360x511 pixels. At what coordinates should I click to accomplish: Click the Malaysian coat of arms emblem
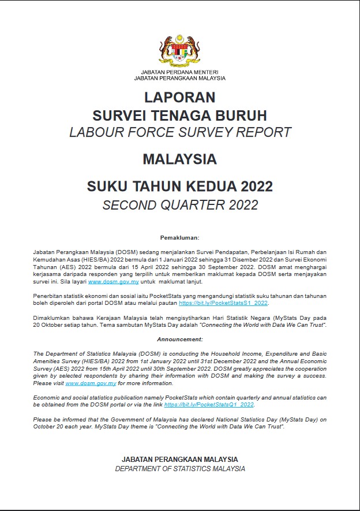click(x=179, y=50)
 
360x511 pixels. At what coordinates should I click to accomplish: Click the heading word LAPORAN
click(x=179, y=96)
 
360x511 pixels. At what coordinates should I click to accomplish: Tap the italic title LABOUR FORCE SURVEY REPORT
click(x=179, y=132)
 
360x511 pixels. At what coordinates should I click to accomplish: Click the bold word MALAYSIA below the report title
click(x=179, y=158)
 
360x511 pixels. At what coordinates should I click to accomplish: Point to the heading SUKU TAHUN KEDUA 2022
click(x=179, y=186)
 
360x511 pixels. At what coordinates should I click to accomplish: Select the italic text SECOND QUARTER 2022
click(x=179, y=204)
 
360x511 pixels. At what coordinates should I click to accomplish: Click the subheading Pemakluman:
click(x=179, y=237)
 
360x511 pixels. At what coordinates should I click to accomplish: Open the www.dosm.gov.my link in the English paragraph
click(x=91, y=383)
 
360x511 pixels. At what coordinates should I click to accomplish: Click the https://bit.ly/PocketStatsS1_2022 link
click(x=223, y=303)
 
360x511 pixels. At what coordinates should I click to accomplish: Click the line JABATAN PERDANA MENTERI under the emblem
click(x=179, y=72)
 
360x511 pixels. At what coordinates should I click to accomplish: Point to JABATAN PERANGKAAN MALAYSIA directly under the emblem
click(x=179, y=78)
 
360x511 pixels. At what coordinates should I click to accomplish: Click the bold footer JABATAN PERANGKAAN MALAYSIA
click(x=179, y=459)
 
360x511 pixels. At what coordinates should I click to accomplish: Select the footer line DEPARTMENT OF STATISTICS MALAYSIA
click(x=179, y=468)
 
